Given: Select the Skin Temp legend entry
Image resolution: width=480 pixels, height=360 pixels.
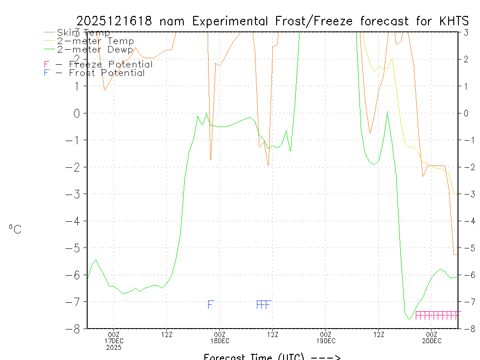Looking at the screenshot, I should pyautogui.click(x=83, y=33).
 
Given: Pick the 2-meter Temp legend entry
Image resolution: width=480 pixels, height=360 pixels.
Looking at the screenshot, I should pyautogui.click(x=95, y=41).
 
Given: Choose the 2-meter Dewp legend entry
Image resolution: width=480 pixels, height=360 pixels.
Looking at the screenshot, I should pyautogui.click(x=95, y=49).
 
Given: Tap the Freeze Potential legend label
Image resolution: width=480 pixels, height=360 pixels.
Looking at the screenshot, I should pyautogui.click(x=111, y=64).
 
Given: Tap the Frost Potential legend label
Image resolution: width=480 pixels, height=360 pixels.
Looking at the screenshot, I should pyautogui.click(x=106, y=73).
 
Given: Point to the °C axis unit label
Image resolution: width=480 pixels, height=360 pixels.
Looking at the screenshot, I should pyautogui.click(x=15, y=229).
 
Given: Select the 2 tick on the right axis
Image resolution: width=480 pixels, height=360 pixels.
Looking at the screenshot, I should pyautogui.click(x=466, y=59).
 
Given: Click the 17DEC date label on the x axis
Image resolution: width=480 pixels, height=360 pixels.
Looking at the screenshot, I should pyautogui.click(x=113, y=341).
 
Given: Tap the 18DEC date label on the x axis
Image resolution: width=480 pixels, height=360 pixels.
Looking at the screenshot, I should pyautogui.click(x=219, y=341).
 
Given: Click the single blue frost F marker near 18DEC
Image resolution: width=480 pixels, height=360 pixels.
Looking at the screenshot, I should pyautogui.click(x=210, y=305).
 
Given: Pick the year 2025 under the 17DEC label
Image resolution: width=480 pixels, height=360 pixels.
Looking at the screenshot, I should pyautogui.click(x=113, y=347).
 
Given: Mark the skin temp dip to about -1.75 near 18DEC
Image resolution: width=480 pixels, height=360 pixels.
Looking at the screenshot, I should pyautogui.click(x=210, y=159).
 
